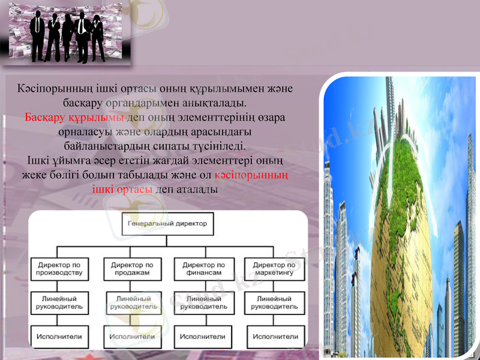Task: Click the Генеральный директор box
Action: coord(167,223)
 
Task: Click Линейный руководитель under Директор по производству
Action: coord(60,302)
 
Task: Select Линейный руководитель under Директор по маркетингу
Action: coord(274,302)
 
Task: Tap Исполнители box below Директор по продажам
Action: coord(132,337)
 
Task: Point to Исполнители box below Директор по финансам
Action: coord(203,337)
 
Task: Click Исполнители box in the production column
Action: coord(60,337)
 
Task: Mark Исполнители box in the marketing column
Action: coord(274,337)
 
